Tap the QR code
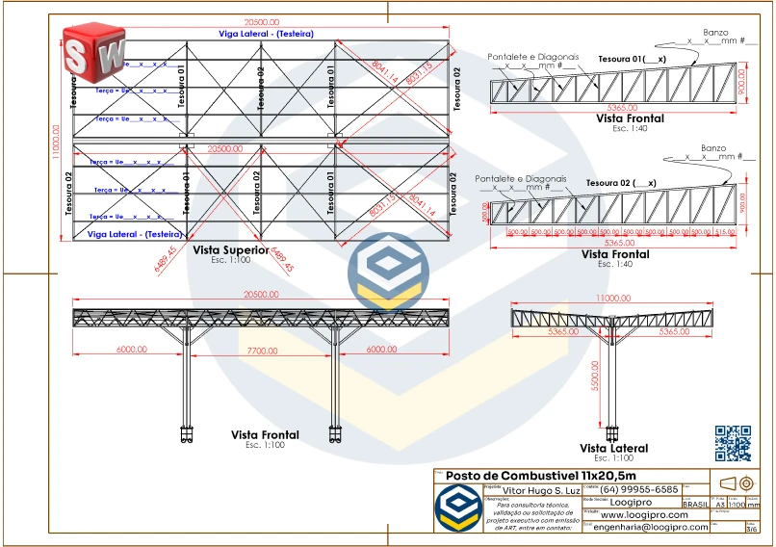733,442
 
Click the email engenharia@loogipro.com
651,527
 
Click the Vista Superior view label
231,250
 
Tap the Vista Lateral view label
613,448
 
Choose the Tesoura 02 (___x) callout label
621,182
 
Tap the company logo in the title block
457,508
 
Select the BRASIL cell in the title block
695,504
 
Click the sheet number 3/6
752,529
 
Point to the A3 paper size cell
719,504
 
